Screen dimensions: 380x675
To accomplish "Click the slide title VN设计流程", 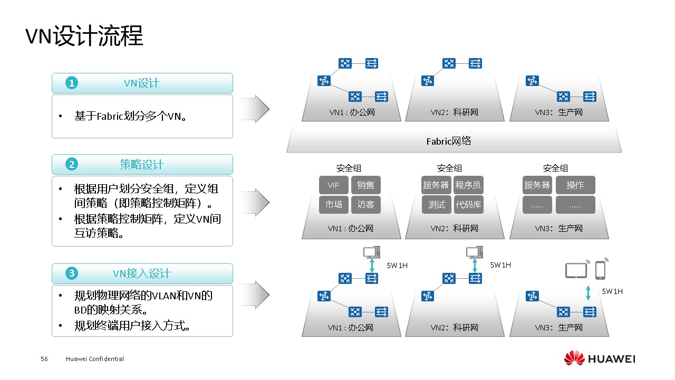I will (84, 37).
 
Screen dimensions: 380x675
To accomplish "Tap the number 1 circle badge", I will (72, 83).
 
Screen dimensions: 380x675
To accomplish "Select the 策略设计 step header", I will (142, 164).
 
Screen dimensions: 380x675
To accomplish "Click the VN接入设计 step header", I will (142, 273).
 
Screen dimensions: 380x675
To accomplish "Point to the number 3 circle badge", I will (72, 273).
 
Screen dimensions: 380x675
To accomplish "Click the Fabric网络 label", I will (449, 141).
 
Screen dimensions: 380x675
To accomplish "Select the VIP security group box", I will (333, 185).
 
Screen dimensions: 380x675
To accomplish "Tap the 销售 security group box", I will (365, 185).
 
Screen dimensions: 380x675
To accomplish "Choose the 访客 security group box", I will (365, 205).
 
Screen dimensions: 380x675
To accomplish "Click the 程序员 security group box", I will (468, 185).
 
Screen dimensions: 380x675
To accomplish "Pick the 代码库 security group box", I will (468, 205).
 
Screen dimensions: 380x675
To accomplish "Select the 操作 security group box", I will (575, 185).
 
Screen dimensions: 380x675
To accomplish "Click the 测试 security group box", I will (437, 205).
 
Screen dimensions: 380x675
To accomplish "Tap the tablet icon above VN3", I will (576, 270).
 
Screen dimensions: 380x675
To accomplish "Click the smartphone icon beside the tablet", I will (600, 269).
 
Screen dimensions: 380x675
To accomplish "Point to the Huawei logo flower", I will (574, 358).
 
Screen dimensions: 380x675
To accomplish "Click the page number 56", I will (44, 359).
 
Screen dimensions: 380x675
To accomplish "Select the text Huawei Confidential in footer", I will (95, 359).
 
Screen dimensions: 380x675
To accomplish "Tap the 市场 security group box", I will (333, 205).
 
